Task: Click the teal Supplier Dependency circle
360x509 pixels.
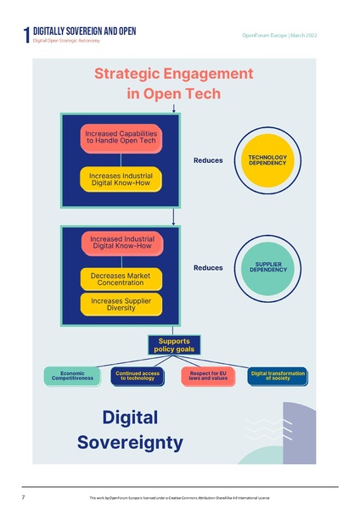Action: coord(267,268)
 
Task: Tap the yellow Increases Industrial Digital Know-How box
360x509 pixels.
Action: coord(121,179)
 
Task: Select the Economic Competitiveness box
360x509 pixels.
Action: coord(72,375)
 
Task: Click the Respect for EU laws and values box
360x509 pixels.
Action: coord(207,375)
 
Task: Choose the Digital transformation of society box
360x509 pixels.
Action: coord(275,375)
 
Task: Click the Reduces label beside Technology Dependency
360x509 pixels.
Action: coord(208,160)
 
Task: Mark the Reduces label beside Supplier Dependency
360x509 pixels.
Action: coord(208,268)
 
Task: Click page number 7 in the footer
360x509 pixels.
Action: coord(23,495)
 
